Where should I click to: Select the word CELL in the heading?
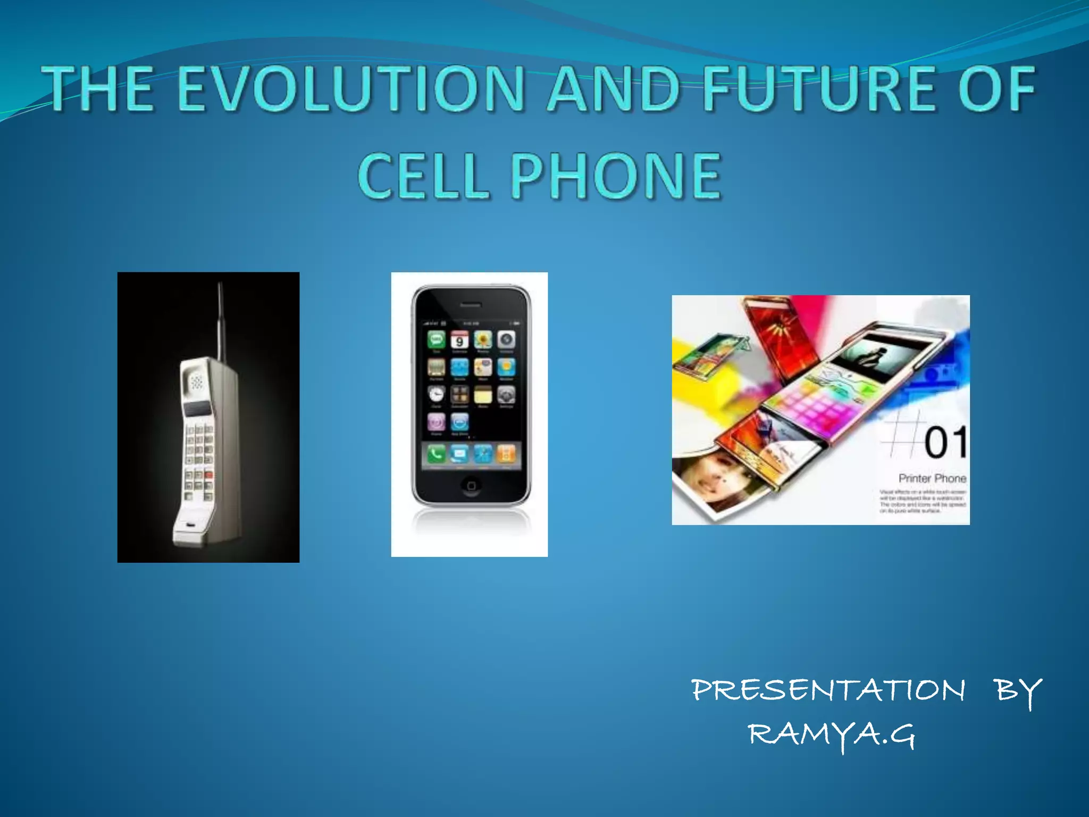(x=423, y=176)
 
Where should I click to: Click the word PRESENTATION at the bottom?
(x=828, y=690)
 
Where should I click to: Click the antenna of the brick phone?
(x=221, y=319)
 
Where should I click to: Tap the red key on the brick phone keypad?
(x=208, y=474)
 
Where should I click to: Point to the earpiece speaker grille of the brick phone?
(x=197, y=381)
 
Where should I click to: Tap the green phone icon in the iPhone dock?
(x=436, y=454)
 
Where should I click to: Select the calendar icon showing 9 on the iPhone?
(x=459, y=340)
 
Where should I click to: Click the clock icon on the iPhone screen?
(x=436, y=394)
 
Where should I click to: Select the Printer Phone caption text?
(x=932, y=478)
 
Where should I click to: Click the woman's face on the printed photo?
(x=707, y=479)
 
